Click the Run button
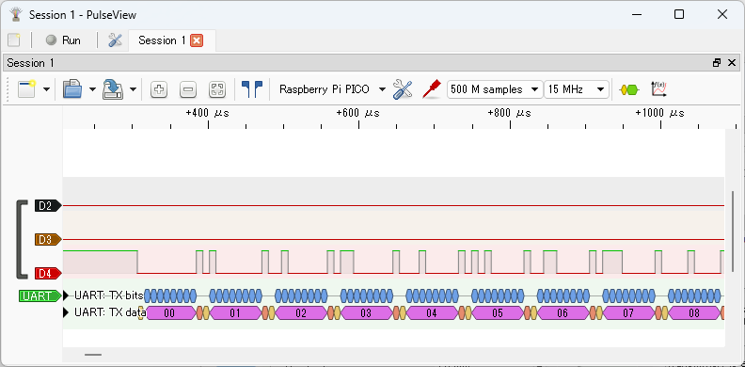(x=63, y=40)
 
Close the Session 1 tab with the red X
(x=197, y=40)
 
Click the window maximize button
(x=679, y=14)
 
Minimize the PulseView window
(x=636, y=14)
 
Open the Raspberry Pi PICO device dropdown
(x=332, y=89)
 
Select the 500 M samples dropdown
(x=495, y=89)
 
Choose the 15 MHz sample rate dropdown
(x=577, y=89)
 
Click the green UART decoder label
(x=38, y=296)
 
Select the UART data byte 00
(x=169, y=312)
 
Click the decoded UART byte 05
(x=498, y=312)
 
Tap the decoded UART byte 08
(x=694, y=312)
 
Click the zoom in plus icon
(x=159, y=89)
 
